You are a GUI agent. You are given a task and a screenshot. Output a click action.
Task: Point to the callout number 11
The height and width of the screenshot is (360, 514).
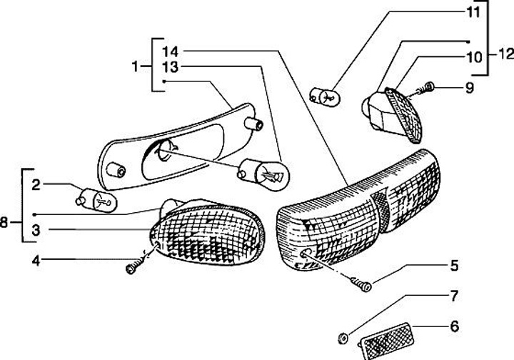(x=473, y=12)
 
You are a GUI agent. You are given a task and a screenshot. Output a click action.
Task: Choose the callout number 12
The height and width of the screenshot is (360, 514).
(x=505, y=54)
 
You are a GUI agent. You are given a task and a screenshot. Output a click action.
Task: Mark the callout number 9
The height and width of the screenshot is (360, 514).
(x=469, y=89)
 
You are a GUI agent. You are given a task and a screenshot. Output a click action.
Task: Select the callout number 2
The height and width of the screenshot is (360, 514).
(x=36, y=185)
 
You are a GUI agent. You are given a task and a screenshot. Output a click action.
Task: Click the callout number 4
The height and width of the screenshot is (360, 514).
(x=36, y=260)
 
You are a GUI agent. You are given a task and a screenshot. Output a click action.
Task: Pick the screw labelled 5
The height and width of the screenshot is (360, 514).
(x=363, y=284)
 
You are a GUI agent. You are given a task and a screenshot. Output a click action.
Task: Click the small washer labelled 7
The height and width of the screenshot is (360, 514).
(x=343, y=336)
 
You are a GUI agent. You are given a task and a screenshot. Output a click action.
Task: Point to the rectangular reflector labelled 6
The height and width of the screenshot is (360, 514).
(x=388, y=339)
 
